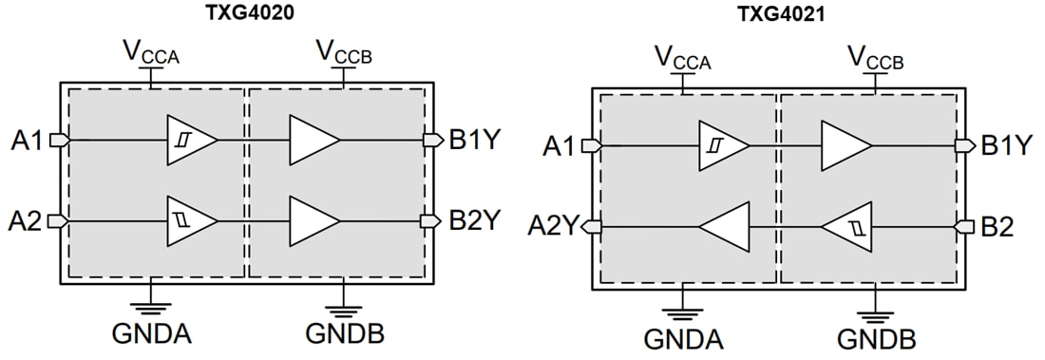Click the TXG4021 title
tap(779, 15)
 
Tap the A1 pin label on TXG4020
tap(28, 141)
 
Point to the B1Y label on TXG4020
tap(475, 141)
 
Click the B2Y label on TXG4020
tap(475, 220)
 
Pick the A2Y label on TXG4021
tap(553, 226)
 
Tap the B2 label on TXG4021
tap(997, 226)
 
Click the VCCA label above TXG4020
tap(152, 50)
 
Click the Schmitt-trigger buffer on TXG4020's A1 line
tap(188, 140)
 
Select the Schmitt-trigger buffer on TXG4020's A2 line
tap(188, 219)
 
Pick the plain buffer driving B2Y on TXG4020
tap(313, 219)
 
